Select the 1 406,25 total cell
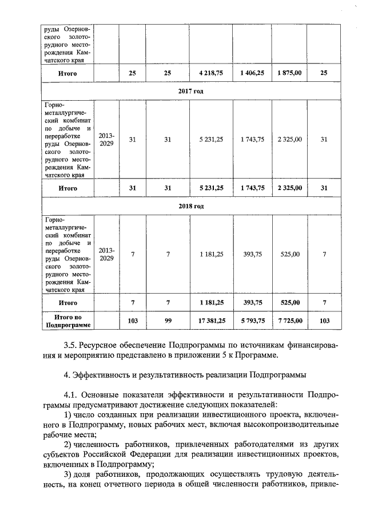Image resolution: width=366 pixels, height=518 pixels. (x=252, y=74)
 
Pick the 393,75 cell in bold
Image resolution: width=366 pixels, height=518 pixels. (x=252, y=302)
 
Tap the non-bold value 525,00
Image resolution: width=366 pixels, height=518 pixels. (x=289, y=254)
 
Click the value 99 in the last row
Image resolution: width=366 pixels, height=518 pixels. (x=168, y=321)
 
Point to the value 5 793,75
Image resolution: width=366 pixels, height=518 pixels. (x=252, y=321)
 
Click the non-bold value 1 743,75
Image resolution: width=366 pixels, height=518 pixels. (x=252, y=139)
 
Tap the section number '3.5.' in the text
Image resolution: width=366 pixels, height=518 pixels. (x=71, y=345)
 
